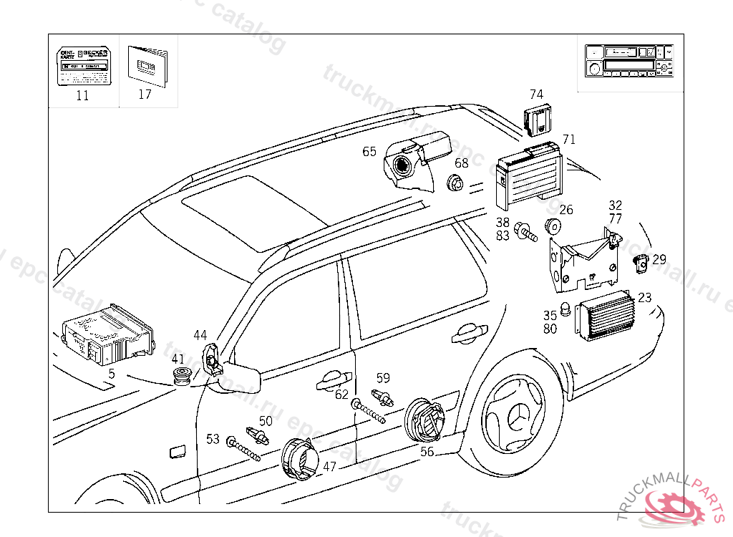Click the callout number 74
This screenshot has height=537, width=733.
point(536,95)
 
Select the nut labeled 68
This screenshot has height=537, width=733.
point(455,184)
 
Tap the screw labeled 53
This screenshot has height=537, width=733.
point(242,449)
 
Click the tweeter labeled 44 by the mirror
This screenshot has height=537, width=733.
point(213,359)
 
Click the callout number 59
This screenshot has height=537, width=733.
point(383,378)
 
